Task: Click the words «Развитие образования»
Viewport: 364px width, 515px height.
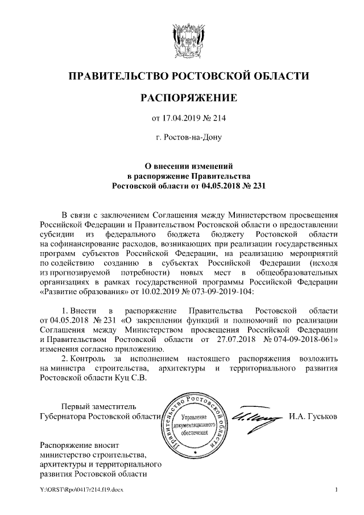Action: point(81,291)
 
